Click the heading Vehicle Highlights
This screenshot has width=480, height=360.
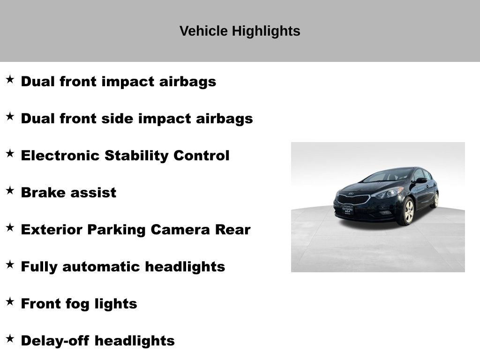click(x=240, y=31)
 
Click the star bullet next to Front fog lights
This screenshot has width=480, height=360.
click(x=10, y=301)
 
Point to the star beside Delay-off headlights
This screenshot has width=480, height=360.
click(x=10, y=338)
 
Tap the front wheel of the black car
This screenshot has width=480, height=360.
click(x=408, y=210)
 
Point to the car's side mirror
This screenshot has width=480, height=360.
click(x=421, y=180)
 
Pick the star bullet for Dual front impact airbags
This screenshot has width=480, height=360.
click(x=10, y=79)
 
